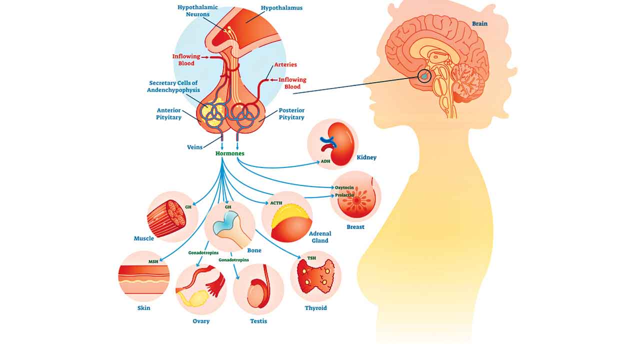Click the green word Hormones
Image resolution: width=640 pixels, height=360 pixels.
(x=230, y=153)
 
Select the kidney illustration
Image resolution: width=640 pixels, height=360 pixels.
(x=334, y=143)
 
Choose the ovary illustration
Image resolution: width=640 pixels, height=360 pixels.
(x=200, y=289)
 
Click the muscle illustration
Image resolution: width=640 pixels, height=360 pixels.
(x=166, y=218)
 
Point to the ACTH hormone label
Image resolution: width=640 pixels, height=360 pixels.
(x=276, y=203)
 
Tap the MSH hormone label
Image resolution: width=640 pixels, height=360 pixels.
(x=153, y=261)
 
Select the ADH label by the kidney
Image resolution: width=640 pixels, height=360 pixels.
(x=325, y=161)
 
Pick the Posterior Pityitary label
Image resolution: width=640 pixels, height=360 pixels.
(x=291, y=114)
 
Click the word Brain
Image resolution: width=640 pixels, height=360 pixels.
(x=479, y=23)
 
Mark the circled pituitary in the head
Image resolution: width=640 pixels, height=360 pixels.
(x=424, y=76)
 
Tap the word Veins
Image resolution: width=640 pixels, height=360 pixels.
(x=194, y=147)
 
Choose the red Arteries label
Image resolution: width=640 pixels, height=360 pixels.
(x=285, y=65)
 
